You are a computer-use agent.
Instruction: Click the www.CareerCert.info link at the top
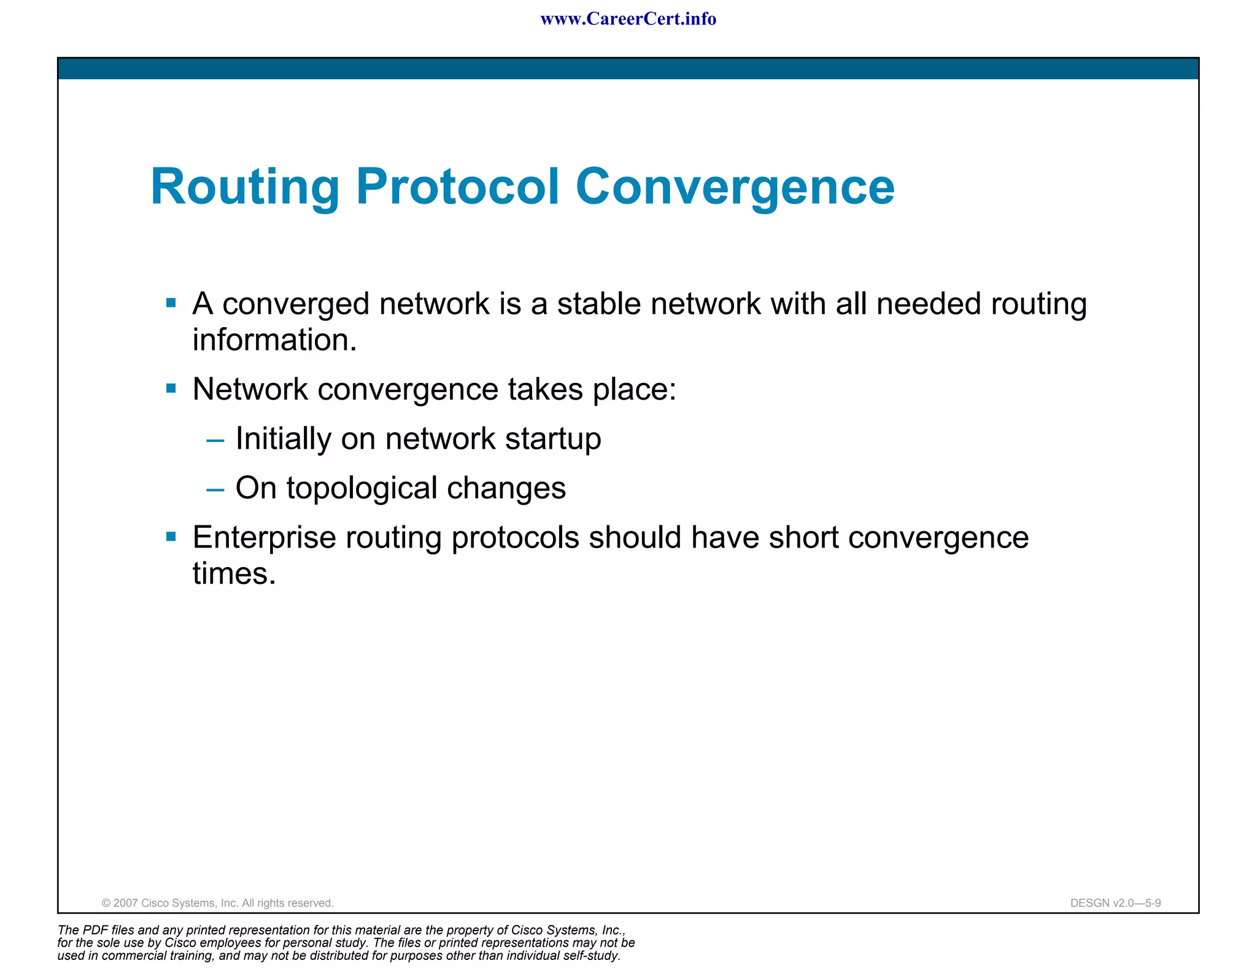click(628, 19)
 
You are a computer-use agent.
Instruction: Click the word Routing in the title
click(244, 187)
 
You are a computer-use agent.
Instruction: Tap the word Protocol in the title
click(457, 187)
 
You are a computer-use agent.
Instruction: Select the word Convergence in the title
click(735, 187)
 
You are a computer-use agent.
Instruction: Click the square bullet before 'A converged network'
click(171, 303)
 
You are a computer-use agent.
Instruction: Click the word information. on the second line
click(274, 340)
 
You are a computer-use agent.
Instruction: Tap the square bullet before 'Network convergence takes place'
click(171, 388)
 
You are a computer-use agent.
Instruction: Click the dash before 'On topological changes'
click(215, 490)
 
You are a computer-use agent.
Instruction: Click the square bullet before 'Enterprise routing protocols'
click(171, 537)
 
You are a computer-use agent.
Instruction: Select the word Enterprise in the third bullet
click(264, 538)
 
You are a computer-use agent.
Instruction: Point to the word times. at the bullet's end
click(234, 574)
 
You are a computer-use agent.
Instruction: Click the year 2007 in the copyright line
click(126, 903)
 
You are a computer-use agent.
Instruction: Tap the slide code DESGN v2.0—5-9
click(1115, 903)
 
